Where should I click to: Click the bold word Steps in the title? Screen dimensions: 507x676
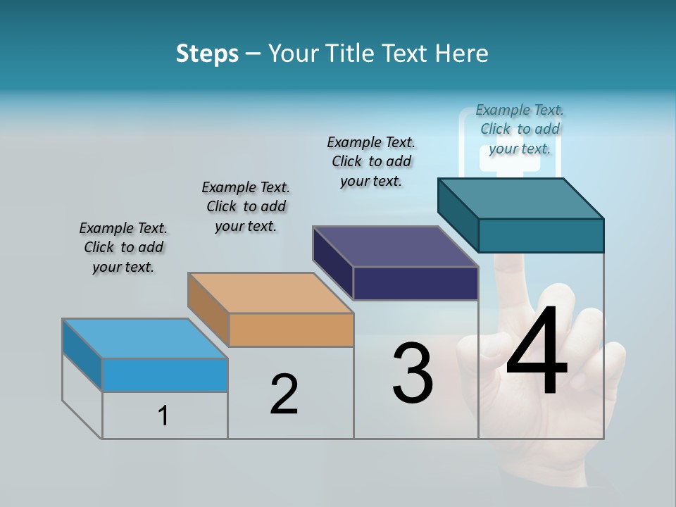point(207,54)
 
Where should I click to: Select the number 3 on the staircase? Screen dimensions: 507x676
point(413,373)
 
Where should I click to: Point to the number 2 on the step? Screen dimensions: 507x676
point(284,394)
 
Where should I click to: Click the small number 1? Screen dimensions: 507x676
point(163,416)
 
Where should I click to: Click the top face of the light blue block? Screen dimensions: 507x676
point(145,339)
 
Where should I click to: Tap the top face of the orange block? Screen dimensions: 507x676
point(270,292)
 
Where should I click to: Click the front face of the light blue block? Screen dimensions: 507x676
point(165,375)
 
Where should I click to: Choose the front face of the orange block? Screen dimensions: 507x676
point(291,330)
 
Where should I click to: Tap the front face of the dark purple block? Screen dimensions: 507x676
point(415,284)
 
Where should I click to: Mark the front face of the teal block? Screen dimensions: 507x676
point(541,235)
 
